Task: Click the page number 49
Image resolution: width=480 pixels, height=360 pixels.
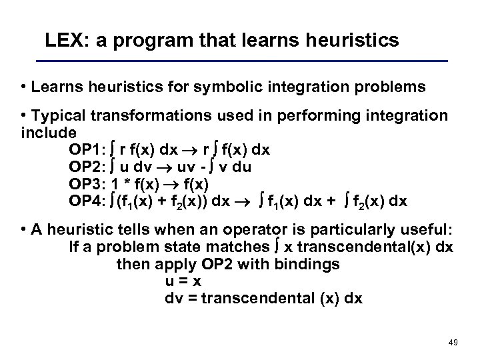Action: [454, 342]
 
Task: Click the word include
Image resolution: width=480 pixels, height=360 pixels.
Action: [49, 132]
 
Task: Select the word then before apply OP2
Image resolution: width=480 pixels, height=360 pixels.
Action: [132, 265]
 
